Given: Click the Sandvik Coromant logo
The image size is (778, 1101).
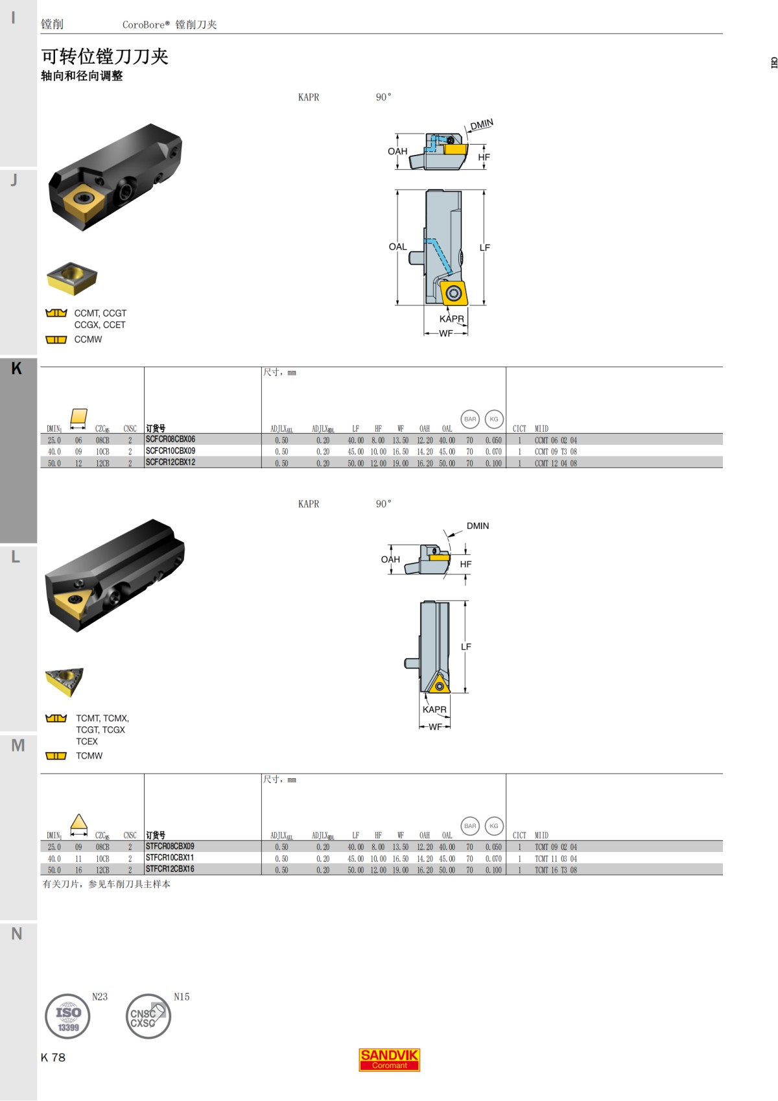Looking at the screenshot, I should (x=389, y=1060).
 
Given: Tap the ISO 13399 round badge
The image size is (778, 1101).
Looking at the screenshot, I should (x=67, y=1016).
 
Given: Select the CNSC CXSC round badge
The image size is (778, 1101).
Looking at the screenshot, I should (x=148, y=1016).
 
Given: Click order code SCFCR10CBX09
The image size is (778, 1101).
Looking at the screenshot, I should (x=171, y=451).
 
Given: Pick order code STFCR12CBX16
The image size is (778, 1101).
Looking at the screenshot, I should (x=170, y=869).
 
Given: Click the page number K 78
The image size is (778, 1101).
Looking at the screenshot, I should (x=53, y=1058).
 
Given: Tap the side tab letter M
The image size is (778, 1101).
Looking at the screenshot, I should (x=18, y=745).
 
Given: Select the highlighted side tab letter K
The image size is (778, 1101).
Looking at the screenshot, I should (x=17, y=368).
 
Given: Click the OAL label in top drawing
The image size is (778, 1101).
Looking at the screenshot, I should (x=397, y=247).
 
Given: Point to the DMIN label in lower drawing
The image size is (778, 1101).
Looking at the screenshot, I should (x=477, y=526).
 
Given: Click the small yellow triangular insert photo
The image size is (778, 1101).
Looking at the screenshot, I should (x=64, y=680).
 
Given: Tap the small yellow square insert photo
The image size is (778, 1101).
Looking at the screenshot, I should (x=71, y=278).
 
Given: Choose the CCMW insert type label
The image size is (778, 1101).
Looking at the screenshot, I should (x=88, y=340).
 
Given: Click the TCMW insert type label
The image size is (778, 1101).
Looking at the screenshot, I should (x=89, y=756).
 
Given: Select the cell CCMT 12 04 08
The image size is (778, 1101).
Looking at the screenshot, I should (x=556, y=463).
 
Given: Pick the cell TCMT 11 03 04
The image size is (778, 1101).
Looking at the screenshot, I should (x=556, y=858).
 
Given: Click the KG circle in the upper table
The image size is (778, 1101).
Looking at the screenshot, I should (x=494, y=419).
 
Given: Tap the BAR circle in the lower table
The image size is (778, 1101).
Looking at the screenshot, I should (x=470, y=825).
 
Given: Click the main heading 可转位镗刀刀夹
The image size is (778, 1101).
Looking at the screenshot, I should (x=105, y=56).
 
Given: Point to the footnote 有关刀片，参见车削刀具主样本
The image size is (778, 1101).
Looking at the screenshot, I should (x=106, y=884).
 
